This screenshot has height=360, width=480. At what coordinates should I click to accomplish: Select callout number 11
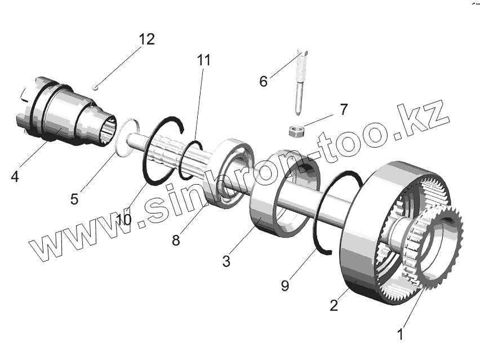[x=203, y=60]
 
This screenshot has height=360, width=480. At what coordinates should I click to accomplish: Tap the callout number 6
[x=263, y=81]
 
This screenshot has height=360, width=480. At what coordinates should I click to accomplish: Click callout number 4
[x=15, y=176]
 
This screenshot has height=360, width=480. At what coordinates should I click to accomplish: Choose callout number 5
[x=74, y=199]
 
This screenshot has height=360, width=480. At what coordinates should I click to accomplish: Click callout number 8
[x=176, y=241]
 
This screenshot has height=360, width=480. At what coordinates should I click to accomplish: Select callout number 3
[x=226, y=261]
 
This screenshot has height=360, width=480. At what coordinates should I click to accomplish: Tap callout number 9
[x=285, y=286]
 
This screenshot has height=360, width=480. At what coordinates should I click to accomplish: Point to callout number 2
[x=334, y=306]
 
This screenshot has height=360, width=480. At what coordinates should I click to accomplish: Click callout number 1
[x=401, y=334]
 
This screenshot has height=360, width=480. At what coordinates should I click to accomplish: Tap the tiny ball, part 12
[x=96, y=87]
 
